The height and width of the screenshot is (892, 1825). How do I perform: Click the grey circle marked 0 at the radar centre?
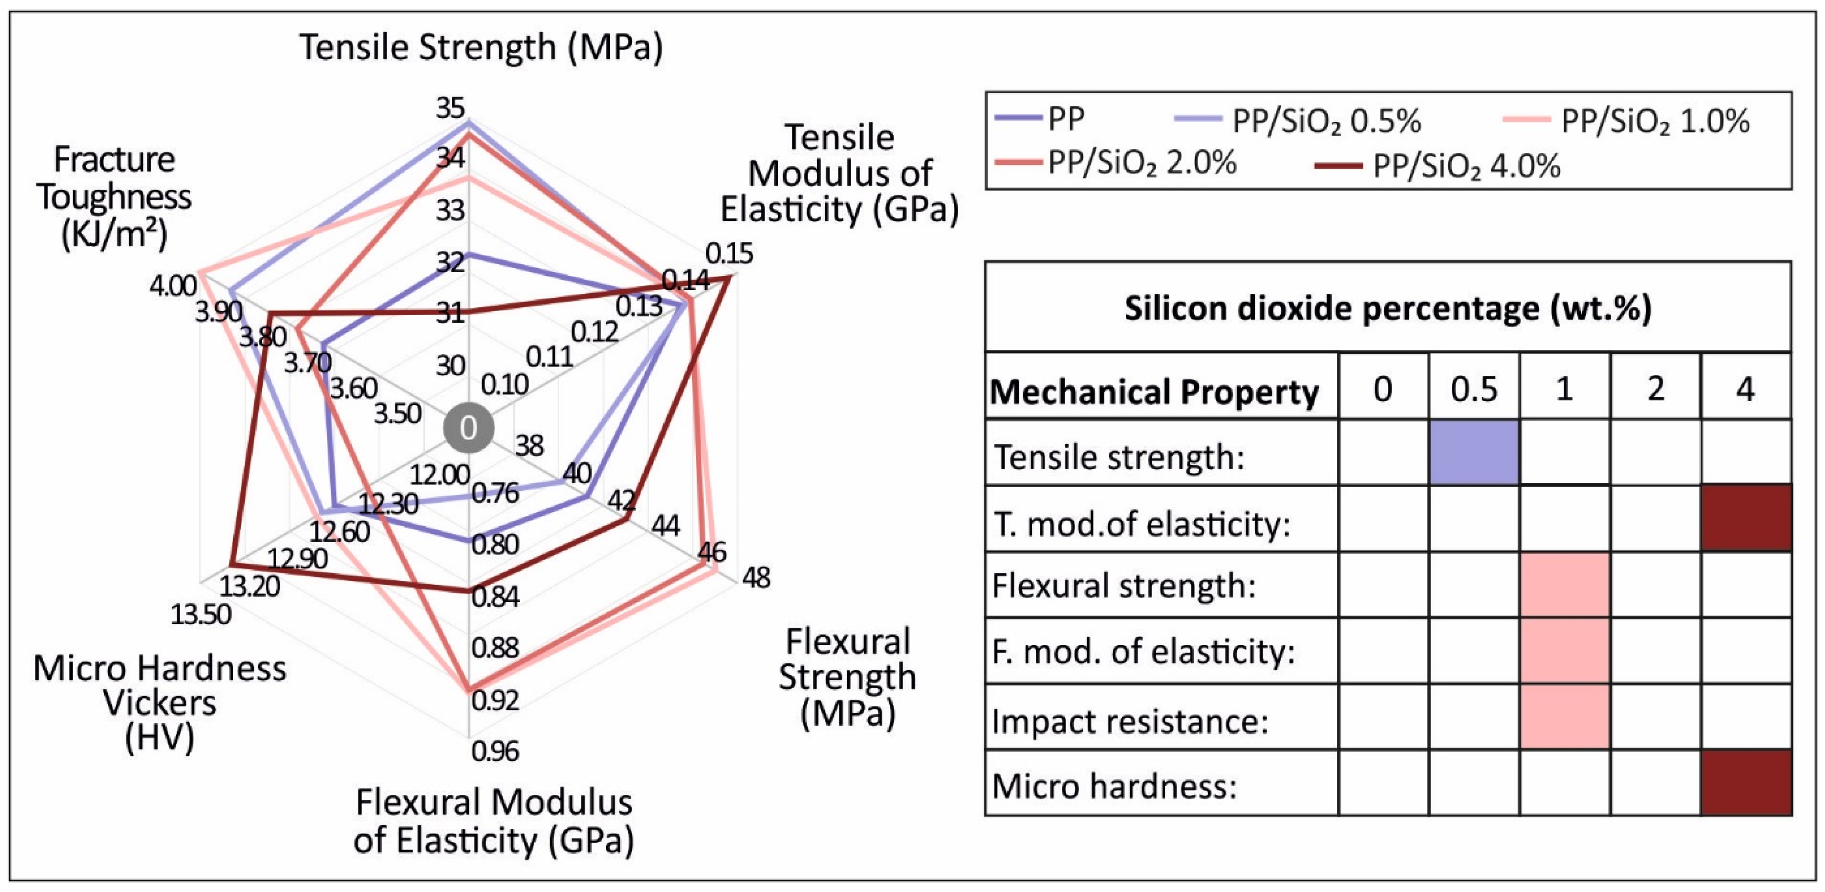pos(468,429)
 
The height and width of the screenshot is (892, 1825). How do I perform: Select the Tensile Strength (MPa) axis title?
pos(481,48)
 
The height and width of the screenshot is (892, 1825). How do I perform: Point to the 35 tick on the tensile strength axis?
pos(451,109)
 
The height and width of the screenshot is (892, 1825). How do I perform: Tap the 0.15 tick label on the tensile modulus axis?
pos(729,253)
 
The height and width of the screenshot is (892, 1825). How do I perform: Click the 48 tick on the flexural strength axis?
pos(755,578)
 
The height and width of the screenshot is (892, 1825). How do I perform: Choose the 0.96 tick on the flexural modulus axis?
pos(495,751)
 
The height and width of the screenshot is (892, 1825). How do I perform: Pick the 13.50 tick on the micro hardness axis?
pos(201,614)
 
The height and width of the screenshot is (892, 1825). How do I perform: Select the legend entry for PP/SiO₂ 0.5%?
pos(1296,121)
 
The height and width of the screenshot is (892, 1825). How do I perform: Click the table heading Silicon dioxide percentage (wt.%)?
pos(1388,309)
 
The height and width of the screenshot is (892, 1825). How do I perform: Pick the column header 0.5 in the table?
pos(1474,390)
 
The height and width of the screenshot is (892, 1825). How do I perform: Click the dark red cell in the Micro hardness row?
pos(1746,783)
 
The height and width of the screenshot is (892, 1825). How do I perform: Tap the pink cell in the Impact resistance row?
pos(1564,718)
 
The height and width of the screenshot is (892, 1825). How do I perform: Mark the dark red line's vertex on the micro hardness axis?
pos(231,565)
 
